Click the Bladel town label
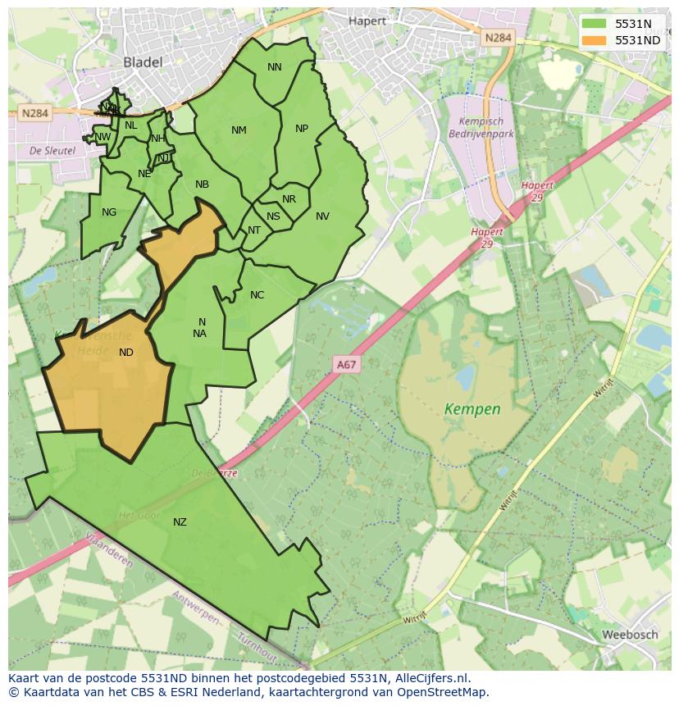pyautogui.click(x=143, y=61)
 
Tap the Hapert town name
pyautogui.click(x=367, y=20)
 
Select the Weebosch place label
pyautogui.click(x=630, y=635)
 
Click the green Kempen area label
pyautogui.click(x=472, y=408)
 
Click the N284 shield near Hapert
pyautogui.click(x=498, y=38)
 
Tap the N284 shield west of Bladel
pyautogui.click(x=34, y=114)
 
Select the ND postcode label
pyautogui.click(x=126, y=353)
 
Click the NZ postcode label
pyautogui.click(x=180, y=522)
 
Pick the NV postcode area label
pyautogui.click(x=322, y=216)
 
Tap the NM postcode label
pyautogui.click(x=239, y=130)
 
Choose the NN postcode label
pyautogui.click(x=275, y=67)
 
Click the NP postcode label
pyautogui.click(x=302, y=129)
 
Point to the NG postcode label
pyautogui.click(x=109, y=212)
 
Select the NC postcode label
pyautogui.click(x=257, y=295)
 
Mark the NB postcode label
pyautogui.click(x=202, y=184)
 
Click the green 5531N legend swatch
pyautogui.click(x=593, y=24)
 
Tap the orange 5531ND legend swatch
pyautogui.click(x=593, y=39)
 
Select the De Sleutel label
pyautogui.click(x=52, y=151)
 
